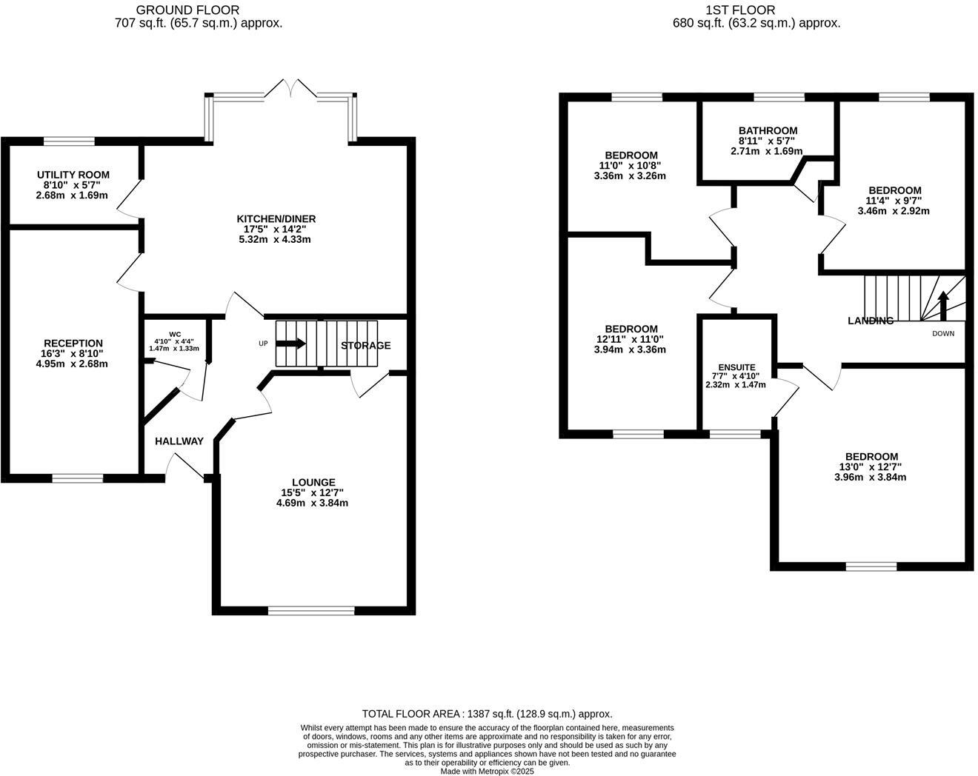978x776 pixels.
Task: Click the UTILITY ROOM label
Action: pos(73,175)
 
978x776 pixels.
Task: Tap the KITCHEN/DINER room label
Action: pos(276,218)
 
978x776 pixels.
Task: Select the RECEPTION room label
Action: pos(73,343)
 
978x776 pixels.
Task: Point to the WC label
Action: pos(175,334)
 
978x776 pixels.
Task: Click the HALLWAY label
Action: pos(179,441)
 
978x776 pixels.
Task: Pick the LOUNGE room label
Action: pos(313,482)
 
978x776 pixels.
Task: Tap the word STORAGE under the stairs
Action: pos(365,346)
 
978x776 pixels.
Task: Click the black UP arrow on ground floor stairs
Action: pos(290,344)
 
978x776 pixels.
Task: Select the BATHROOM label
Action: pos(768,130)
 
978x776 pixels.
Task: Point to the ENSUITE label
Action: pos(736,367)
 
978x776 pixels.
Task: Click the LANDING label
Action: pos(871,321)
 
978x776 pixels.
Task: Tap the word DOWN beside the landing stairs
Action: pos(943,333)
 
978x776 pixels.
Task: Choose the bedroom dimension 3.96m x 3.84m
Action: pos(871,477)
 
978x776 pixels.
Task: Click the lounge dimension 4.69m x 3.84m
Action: pos(312,503)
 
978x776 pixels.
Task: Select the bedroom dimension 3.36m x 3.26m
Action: pos(630,176)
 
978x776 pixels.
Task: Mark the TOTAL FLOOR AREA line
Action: pos(487,714)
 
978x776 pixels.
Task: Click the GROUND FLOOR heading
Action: pos(187,10)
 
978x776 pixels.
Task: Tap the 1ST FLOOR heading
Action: pos(740,10)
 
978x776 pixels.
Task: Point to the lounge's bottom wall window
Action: pos(311,611)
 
